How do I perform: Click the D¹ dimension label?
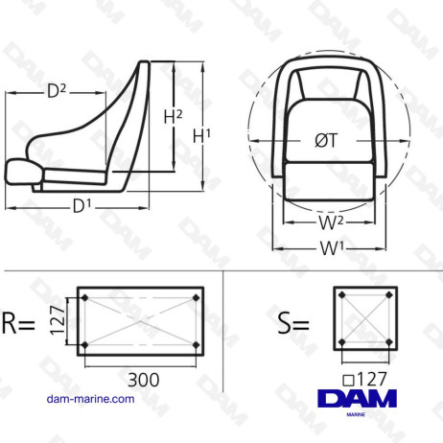pyautogui.click(x=82, y=204)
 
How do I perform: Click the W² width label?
pyautogui.click(x=331, y=223)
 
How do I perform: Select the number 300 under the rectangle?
pyautogui.click(x=143, y=381)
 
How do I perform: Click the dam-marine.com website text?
pyautogui.click(x=91, y=399)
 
